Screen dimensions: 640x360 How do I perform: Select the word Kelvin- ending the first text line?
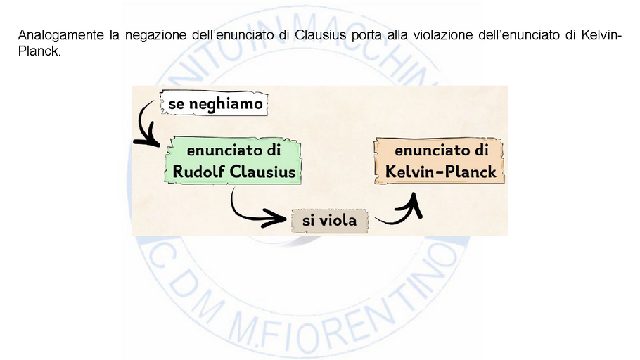602,34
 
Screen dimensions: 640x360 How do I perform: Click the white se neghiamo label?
215,105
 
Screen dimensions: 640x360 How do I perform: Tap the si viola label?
329,221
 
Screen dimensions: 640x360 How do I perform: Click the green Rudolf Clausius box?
235,162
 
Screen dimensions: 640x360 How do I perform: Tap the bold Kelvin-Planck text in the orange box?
441,172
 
